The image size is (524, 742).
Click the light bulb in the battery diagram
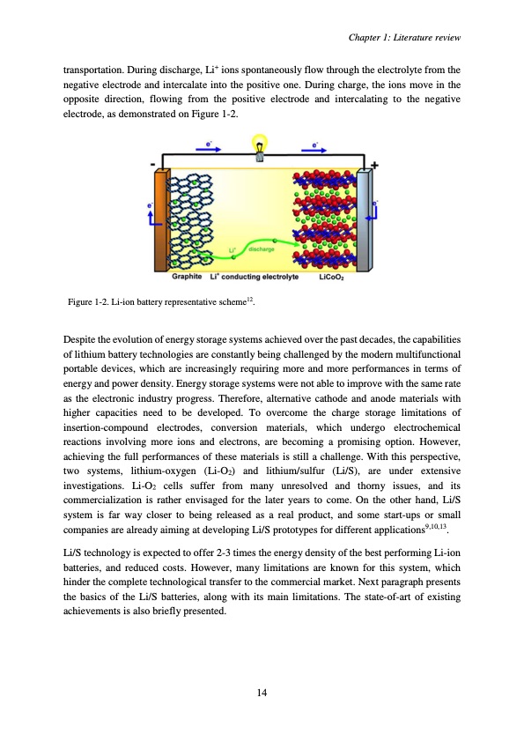click(260, 145)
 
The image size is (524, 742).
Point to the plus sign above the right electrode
click(376, 166)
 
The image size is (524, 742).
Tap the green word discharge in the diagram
click(261, 250)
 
